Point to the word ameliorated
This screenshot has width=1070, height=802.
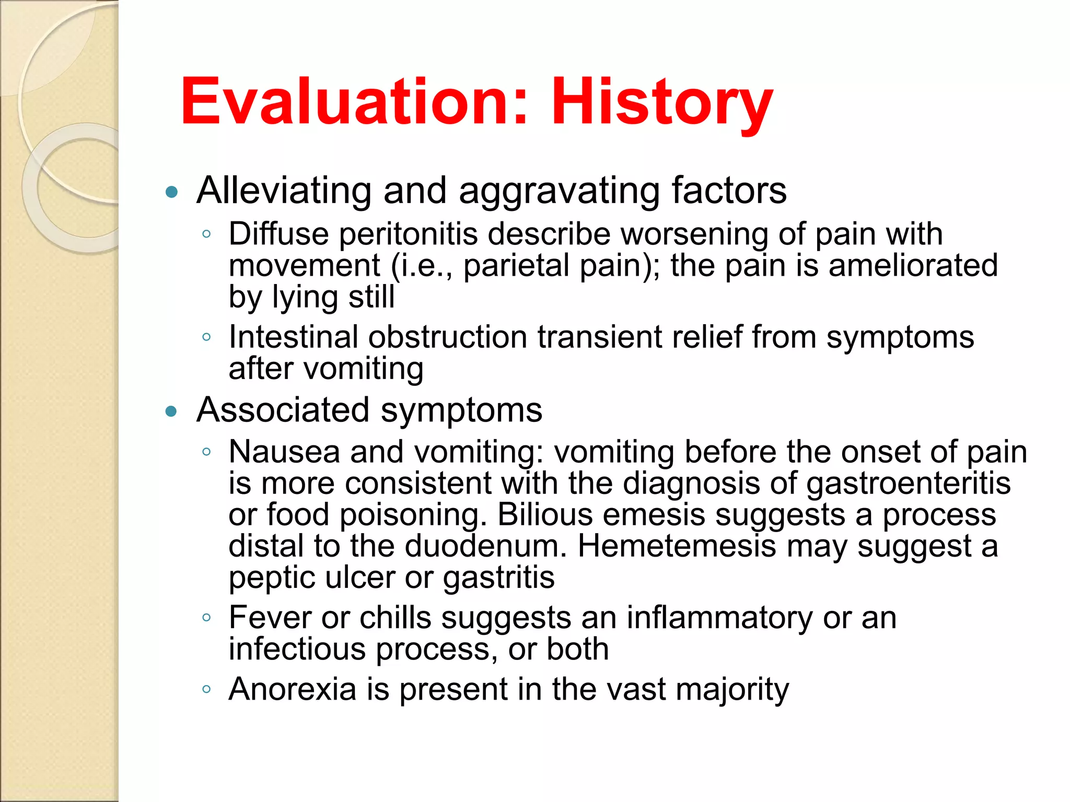(913, 265)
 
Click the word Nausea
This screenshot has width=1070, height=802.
(284, 452)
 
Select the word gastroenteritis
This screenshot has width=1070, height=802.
(909, 484)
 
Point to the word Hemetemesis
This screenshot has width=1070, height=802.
(677, 546)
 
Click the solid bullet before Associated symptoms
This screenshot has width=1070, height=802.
(171, 411)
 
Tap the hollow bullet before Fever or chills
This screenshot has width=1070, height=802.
(206, 618)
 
